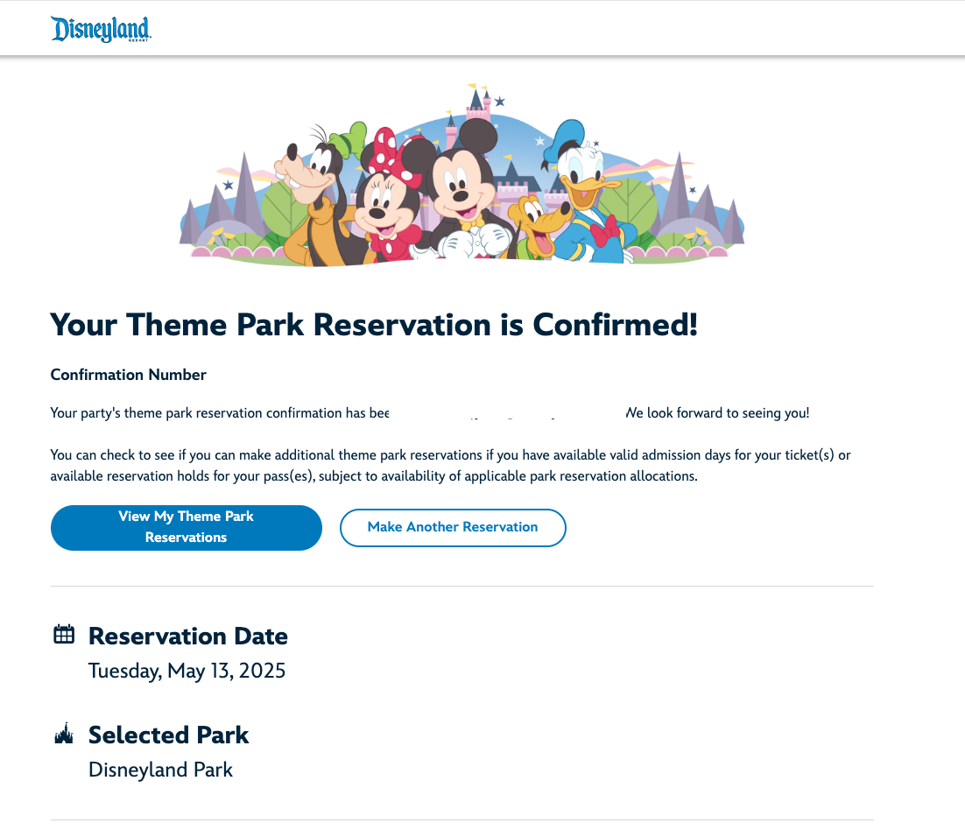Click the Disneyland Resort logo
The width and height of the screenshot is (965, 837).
101,29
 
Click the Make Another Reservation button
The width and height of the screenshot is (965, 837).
453,527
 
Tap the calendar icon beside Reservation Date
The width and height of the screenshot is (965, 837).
64,635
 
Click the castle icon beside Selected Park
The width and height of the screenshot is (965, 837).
64,735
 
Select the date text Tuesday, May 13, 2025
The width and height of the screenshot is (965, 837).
187,672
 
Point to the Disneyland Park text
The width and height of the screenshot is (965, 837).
160,770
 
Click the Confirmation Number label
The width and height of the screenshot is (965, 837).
128,375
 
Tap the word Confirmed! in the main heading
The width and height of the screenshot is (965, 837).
616,325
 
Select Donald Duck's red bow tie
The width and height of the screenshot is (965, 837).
604,233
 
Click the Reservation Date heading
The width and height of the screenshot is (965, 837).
187,636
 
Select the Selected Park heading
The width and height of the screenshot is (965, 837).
168,735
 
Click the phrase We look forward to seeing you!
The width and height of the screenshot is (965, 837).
717,413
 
